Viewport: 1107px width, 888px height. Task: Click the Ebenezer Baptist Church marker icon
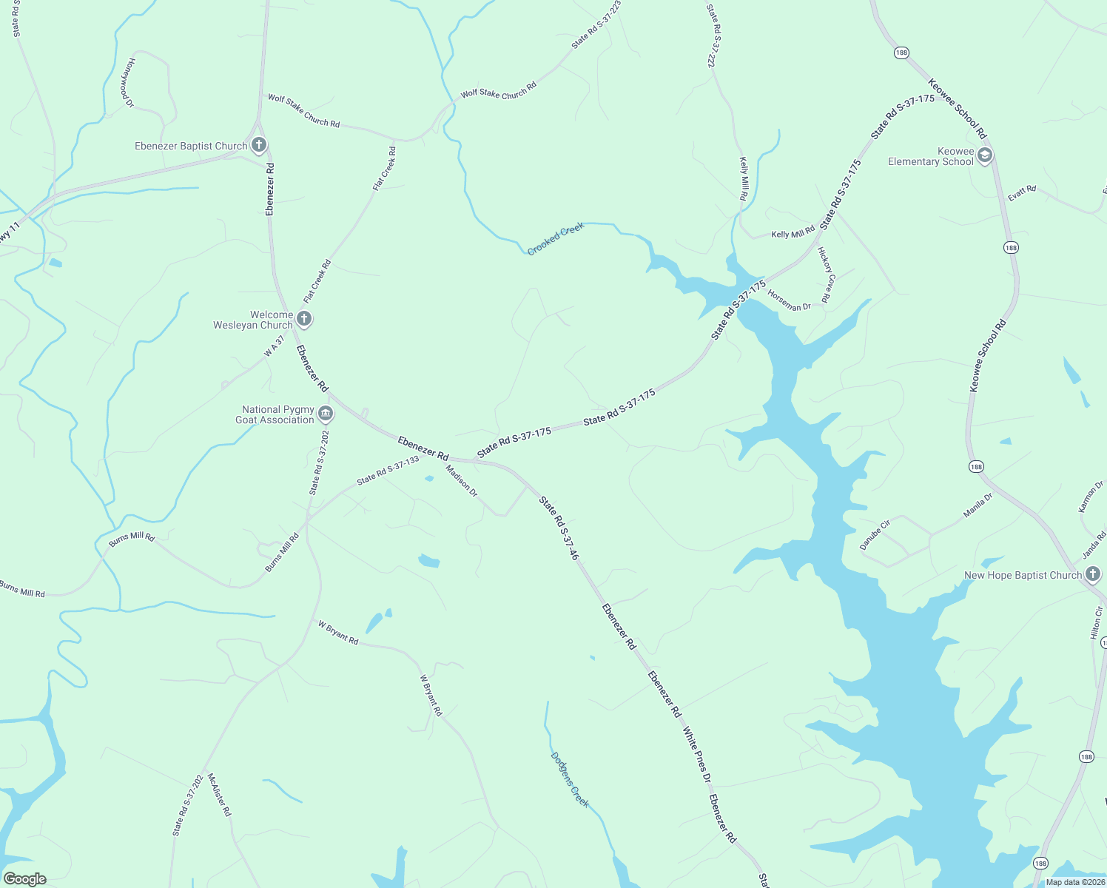click(x=258, y=145)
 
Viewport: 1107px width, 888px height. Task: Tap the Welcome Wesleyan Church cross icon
click(x=304, y=320)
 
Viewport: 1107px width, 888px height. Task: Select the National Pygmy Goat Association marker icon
click(x=326, y=414)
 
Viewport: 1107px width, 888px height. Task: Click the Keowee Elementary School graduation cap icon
click(x=984, y=155)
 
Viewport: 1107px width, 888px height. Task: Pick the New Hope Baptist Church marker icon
click(x=1093, y=574)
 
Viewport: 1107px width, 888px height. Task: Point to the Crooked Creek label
click(x=556, y=239)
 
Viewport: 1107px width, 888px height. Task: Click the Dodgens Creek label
click(x=570, y=780)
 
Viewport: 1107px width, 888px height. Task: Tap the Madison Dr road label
click(x=462, y=480)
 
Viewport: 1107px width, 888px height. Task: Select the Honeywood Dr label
click(x=130, y=82)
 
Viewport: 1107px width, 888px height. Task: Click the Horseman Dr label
click(x=789, y=300)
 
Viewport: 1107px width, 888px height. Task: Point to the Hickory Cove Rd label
click(x=826, y=275)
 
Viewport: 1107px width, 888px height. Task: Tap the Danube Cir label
click(x=875, y=534)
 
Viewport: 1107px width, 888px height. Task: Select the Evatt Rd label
click(x=1022, y=193)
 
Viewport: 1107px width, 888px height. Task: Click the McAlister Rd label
click(x=219, y=795)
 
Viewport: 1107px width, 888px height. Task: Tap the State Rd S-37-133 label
click(x=388, y=471)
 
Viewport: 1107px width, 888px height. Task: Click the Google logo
click(x=24, y=879)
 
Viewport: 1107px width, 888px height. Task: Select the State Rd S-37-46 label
click(x=558, y=528)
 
